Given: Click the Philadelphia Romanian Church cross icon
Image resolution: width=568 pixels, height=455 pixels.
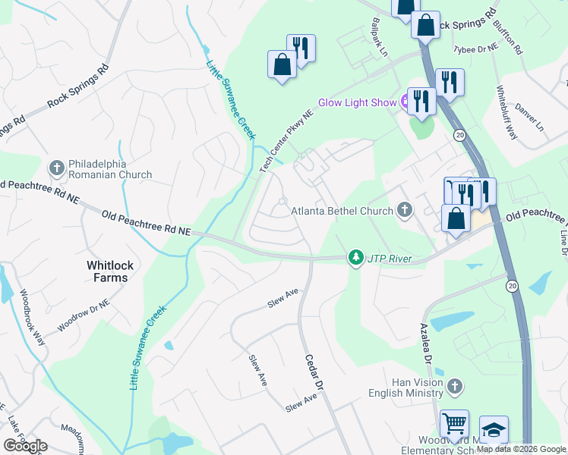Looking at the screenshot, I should point(56,167).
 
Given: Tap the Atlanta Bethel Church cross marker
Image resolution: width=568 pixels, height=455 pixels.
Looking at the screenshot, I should point(405,210).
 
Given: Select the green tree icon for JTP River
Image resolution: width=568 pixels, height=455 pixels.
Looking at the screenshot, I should point(355,259).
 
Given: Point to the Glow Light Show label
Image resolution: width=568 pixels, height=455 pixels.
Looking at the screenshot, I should point(357,102).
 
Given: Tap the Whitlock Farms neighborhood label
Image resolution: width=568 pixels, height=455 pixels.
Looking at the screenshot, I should point(107,271).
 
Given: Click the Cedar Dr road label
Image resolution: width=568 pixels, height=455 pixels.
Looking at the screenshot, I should point(314,372).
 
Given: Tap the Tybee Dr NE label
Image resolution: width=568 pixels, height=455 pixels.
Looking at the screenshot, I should point(475,49).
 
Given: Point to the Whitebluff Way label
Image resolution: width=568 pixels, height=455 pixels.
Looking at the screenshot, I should point(506,112).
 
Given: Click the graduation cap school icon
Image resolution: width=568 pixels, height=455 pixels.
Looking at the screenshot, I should point(494,430).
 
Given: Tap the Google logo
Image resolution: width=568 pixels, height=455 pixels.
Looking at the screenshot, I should point(25,446).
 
